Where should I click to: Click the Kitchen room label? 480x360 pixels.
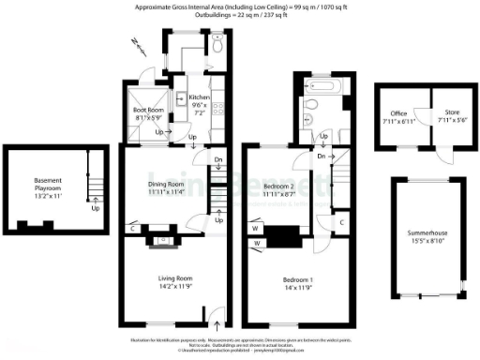(199, 97)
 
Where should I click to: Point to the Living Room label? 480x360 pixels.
(174, 277)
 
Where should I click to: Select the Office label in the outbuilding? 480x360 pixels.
(399, 113)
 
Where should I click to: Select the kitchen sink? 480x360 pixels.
(217, 88)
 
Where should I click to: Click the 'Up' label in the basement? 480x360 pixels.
(95, 208)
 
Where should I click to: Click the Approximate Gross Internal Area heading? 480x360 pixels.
(240, 7)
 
